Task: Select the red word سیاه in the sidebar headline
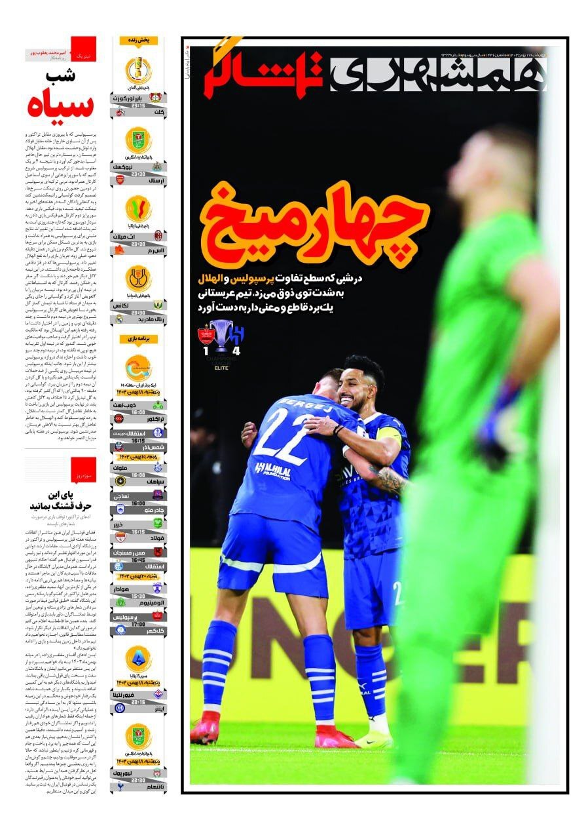pyautogui.click(x=61, y=105)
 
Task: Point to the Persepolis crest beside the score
pyautogui.click(x=207, y=334)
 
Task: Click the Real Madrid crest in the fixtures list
pyautogui.click(x=120, y=319)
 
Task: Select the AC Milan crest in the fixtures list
pyautogui.click(x=158, y=236)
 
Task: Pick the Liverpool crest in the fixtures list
pyautogui.click(x=158, y=773)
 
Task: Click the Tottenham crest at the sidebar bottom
pyautogui.click(x=120, y=786)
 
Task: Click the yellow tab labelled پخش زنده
pyautogui.click(x=139, y=41)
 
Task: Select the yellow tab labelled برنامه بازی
pyautogui.click(x=139, y=339)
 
